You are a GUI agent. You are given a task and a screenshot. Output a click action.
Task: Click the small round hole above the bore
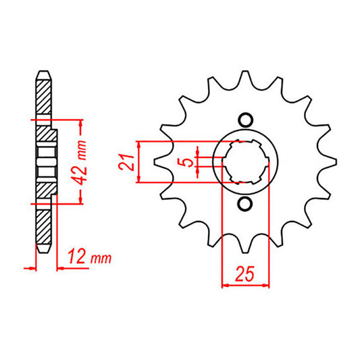coord(246,120)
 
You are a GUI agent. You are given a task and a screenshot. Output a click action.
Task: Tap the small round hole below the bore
coord(246,204)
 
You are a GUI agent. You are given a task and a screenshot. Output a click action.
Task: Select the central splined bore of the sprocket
coord(246,162)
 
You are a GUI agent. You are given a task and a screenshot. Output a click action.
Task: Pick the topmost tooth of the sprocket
coord(246,65)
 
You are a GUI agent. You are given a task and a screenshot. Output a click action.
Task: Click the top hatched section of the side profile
coord(42,95)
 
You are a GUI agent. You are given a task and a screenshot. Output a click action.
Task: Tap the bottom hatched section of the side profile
coord(42,230)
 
